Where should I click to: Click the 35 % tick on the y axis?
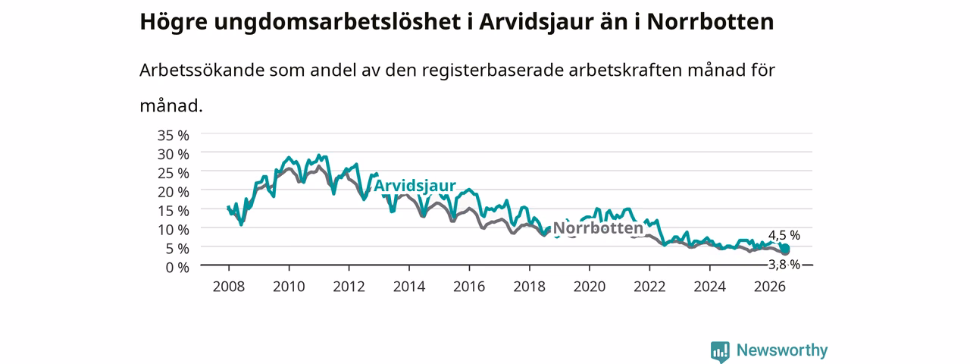coord(174,136)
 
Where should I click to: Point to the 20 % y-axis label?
coord(174,192)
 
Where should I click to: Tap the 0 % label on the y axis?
coord(177,268)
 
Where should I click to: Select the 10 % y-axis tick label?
coord(174,230)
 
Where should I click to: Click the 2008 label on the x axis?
coord(229,287)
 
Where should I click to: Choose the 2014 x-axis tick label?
coord(408,287)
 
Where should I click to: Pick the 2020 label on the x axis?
coord(590,287)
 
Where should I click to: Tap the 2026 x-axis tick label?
coord(769,287)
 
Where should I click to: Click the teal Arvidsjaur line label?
coord(415,186)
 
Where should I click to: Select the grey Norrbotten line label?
coord(598,228)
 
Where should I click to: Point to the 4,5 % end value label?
coord(784,235)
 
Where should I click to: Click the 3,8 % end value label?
coord(784,265)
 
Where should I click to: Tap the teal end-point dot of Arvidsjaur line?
coord(784,248)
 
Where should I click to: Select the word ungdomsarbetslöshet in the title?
coord(337,22)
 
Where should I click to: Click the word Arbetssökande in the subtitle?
coord(202,70)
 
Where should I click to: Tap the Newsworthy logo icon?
coord(720,351)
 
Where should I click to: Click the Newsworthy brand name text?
coord(782,350)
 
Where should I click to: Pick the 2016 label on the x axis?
coord(469,287)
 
